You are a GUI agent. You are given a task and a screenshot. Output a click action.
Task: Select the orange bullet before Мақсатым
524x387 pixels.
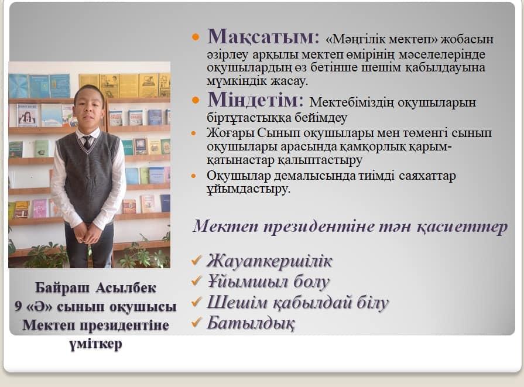click(196, 36)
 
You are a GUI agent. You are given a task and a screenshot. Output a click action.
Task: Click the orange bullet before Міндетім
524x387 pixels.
click(196, 100)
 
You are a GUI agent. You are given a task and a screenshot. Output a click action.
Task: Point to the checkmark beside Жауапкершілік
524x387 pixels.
click(197, 260)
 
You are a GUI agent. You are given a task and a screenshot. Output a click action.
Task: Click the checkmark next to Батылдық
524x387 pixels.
click(197, 322)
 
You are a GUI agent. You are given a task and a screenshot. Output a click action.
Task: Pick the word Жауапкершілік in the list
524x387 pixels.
click(269, 261)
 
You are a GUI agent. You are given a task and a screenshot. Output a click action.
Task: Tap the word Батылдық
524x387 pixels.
click(251, 323)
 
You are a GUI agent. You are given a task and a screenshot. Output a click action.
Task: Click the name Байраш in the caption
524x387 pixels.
click(63, 287)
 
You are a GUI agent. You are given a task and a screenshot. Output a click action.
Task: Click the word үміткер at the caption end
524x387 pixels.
click(95, 344)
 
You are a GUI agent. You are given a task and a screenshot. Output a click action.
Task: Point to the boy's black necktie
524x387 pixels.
click(87, 142)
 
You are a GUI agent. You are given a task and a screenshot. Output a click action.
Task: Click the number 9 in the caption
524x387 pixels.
click(18, 306)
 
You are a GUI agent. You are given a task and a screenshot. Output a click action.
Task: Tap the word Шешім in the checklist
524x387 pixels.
click(237, 303)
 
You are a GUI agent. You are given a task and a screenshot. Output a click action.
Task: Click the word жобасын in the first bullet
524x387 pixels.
click(467, 40)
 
